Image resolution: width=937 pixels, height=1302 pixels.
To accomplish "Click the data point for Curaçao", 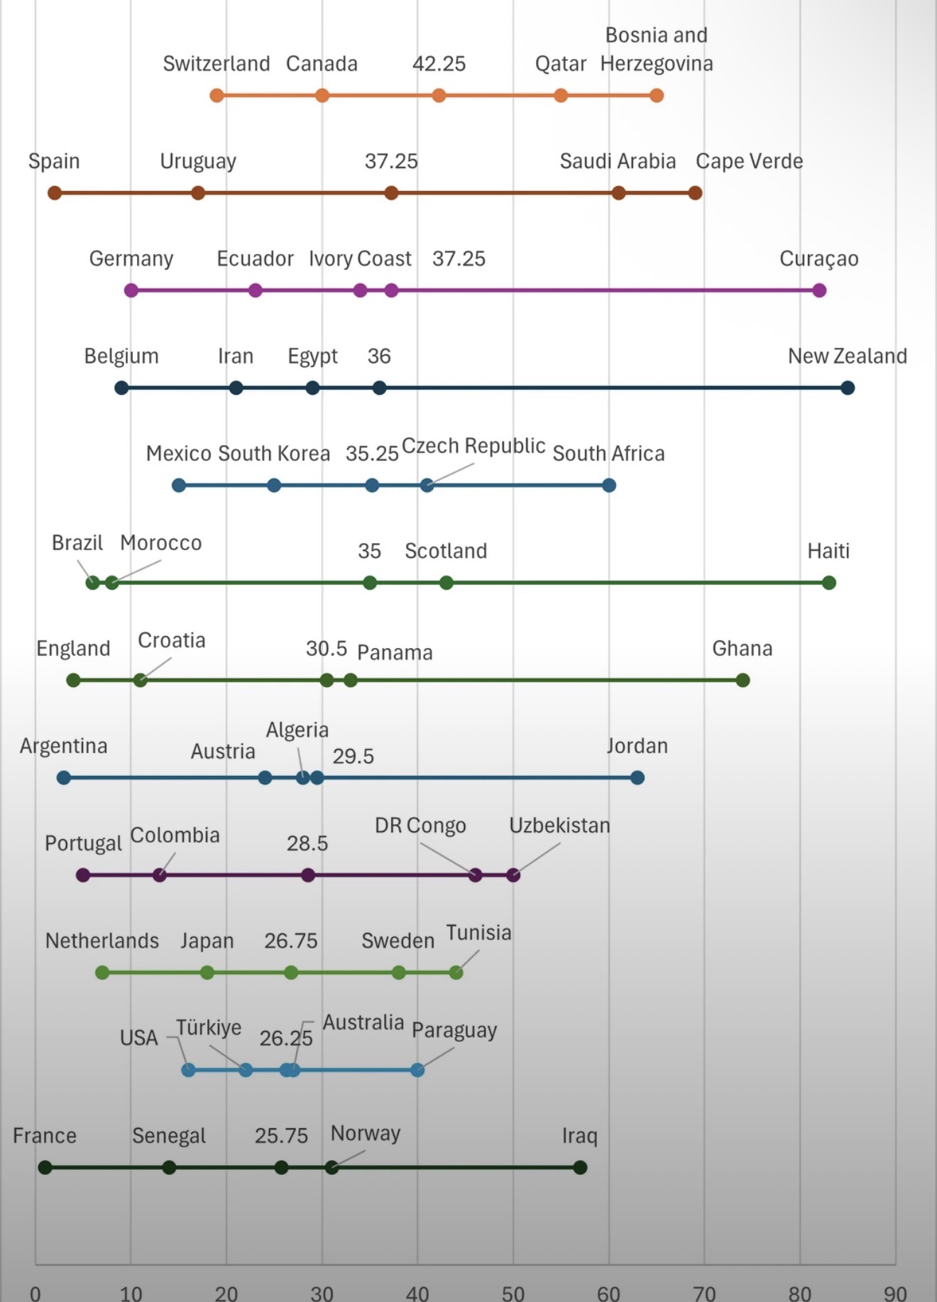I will pyautogui.click(x=819, y=290).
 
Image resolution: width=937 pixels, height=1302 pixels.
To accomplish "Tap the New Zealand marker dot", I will pyautogui.click(x=848, y=388).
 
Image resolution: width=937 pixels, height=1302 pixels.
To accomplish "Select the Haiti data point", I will pyautogui.click(x=828, y=583).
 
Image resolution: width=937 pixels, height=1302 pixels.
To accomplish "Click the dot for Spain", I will pyautogui.click(x=55, y=193).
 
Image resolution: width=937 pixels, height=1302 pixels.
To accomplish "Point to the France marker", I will pyautogui.click(x=45, y=1167).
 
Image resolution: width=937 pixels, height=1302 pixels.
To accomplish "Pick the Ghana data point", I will pyautogui.click(x=743, y=680).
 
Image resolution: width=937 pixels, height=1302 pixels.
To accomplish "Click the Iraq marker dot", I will pyautogui.click(x=580, y=1167).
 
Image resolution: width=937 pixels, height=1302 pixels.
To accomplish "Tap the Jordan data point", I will pyautogui.click(x=637, y=777).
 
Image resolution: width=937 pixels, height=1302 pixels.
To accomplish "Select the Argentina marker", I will pyautogui.click(x=64, y=777).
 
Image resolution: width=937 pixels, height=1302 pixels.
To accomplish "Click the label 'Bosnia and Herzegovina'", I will pyautogui.click(x=657, y=49).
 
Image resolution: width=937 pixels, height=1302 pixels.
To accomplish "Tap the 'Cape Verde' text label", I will pyautogui.click(x=749, y=161).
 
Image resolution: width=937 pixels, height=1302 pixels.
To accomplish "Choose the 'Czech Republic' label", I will pyautogui.click(x=473, y=446).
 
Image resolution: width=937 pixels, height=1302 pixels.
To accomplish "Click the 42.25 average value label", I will pyautogui.click(x=439, y=64).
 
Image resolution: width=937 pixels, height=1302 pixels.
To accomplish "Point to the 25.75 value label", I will pyautogui.click(x=281, y=1136).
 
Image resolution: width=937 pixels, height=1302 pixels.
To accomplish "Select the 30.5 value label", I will pyautogui.click(x=327, y=648).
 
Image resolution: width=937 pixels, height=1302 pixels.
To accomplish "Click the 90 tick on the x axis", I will pyautogui.click(x=895, y=1293).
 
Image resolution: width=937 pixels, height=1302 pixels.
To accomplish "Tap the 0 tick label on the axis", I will pyautogui.click(x=35, y=1293).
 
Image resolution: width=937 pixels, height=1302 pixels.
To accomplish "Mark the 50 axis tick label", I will pyautogui.click(x=513, y=1293).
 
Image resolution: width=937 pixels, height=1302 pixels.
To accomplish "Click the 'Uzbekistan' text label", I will pyautogui.click(x=559, y=826).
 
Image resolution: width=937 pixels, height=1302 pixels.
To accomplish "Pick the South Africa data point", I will pyautogui.click(x=609, y=486).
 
